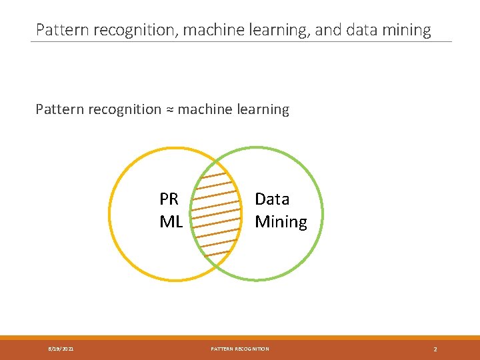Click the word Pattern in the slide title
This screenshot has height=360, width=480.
tap(59, 30)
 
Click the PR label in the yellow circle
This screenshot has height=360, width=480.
tap(169, 199)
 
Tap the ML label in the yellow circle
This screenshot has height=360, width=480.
tap(171, 222)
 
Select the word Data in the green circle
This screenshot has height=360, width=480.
tap(272, 199)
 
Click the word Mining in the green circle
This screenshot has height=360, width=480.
tap(281, 222)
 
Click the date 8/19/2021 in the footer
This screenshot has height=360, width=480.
tap(61, 349)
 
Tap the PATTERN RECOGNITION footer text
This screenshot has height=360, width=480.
tap(240, 349)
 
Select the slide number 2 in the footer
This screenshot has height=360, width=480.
tap(435, 349)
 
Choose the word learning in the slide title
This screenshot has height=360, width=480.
tap(281, 30)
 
